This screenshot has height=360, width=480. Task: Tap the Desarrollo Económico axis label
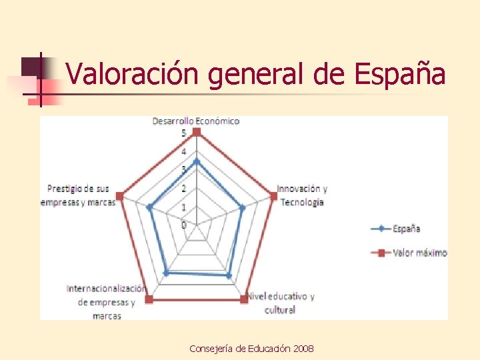[x=195, y=121]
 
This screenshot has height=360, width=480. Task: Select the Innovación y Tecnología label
[x=302, y=195]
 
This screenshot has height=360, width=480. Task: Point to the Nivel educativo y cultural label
[x=281, y=303]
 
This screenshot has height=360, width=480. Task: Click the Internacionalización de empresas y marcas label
[x=106, y=302]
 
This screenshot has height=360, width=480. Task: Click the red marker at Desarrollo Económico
[x=196, y=133]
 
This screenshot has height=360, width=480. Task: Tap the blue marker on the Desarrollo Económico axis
[x=196, y=161]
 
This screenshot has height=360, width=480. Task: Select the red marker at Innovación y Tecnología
[x=273, y=195]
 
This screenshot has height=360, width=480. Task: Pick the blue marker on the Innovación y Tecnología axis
[x=242, y=208]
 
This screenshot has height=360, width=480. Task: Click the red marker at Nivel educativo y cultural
[x=244, y=299]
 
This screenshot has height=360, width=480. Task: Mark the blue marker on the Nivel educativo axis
[x=229, y=275]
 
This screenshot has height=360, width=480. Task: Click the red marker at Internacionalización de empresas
[x=149, y=299]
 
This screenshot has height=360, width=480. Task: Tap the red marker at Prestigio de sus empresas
[x=119, y=196]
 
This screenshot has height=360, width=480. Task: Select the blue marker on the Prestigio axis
[x=150, y=207]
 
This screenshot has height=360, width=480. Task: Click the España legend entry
[x=405, y=229]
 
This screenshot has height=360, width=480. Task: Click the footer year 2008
[x=304, y=349]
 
